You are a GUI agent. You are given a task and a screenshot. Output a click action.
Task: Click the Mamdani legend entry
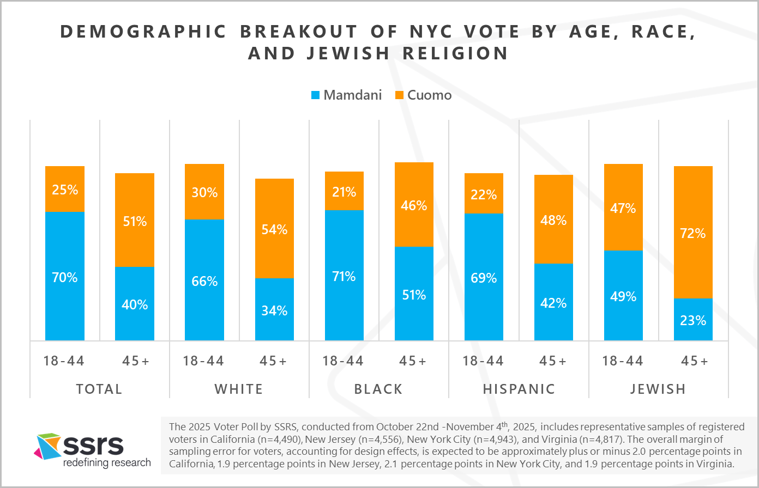point(346,95)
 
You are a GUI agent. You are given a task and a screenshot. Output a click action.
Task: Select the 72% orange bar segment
point(693,232)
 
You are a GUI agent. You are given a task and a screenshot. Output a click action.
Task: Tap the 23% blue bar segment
point(693,320)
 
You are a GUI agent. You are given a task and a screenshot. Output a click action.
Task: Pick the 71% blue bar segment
point(344,275)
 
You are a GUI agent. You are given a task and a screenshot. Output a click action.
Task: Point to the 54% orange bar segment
point(274,229)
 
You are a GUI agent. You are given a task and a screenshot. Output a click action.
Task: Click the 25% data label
point(65,190)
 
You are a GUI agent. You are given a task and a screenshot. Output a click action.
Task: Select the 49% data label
point(623,297)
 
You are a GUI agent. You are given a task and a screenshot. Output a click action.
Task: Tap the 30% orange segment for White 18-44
point(204,192)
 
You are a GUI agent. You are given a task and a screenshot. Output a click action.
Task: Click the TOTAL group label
point(99,389)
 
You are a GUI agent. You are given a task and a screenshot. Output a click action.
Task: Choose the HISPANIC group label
point(519,389)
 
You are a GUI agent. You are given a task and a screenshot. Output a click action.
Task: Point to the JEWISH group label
point(658,389)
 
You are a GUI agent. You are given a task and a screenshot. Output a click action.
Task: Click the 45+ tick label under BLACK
point(414,361)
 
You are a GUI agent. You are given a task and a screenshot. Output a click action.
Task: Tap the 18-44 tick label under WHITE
point(204,361)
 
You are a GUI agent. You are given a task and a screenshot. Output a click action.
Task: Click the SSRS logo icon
point(48,446)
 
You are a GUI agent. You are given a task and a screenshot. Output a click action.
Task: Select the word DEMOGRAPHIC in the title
point(143,32)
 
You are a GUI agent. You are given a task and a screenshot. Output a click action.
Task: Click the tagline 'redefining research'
point(107,463)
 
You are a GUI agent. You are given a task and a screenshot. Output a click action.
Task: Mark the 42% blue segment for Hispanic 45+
point(553,302)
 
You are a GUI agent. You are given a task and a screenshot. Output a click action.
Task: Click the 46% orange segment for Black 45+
point(414,205)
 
